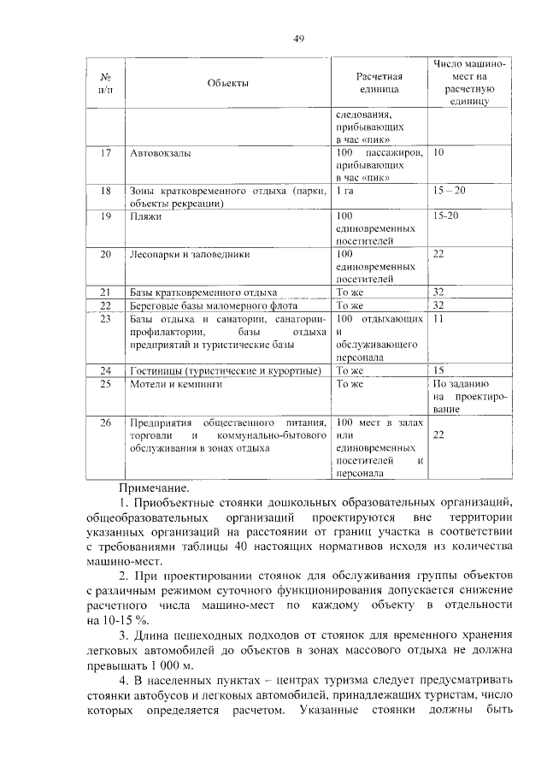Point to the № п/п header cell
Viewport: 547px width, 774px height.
pos(106,83)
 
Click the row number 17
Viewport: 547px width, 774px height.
pos(106,153)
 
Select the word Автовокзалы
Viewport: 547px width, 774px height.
pos(160,153)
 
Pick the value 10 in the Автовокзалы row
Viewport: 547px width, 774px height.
pos(439,152)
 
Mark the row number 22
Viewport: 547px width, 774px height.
pos(106,305)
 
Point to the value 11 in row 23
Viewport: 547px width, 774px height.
pos(439,318)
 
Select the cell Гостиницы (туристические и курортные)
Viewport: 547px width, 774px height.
pos(225,370)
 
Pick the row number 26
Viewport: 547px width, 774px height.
pos(106,422)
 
